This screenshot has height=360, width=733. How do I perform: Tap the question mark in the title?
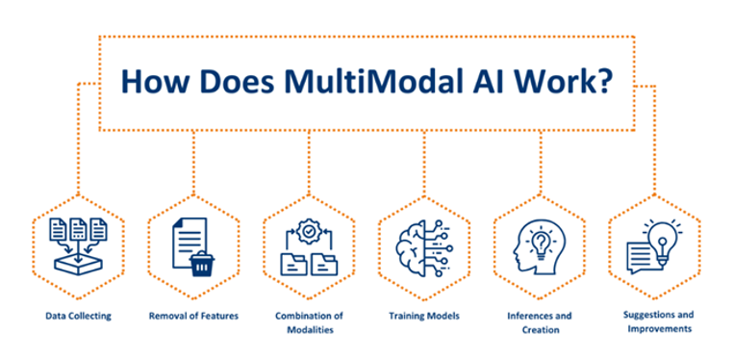coord(603,82)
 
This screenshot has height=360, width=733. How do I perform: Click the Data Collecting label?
coord(79,316)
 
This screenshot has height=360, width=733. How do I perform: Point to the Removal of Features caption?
coord(193,316)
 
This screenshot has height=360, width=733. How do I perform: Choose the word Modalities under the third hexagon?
coord(310,330)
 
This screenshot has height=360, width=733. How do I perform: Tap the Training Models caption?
coord(424,316)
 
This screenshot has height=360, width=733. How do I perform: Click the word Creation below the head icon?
coord(540,330)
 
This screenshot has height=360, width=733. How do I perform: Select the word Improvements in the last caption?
coord(660,328)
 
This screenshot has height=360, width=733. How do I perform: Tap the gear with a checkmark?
coord(309,230)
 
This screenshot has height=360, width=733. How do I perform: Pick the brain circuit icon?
coord(424,247)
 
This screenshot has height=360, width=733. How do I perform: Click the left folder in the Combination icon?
coord(293,264)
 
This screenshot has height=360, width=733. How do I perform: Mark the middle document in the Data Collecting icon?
coord(78,229)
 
